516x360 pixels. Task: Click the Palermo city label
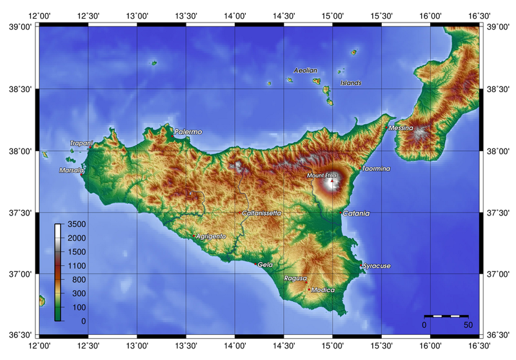pyautogui.click(x=188, y=132)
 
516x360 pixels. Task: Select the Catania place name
pyautogui.click(x=356, y=213)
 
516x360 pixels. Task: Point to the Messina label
pyautogui.click(x=401, y=128)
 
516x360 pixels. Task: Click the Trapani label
pyautogui.click(x=81, y=143)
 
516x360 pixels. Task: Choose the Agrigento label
pyautogui.click(x=210, y=236)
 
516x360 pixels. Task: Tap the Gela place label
pyautogui.click(x=266, y=265)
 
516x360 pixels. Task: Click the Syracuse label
pyautogui.click(x=377, y=266)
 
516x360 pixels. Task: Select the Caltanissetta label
pyautogui.click(x=262, y=213)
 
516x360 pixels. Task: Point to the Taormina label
pyautogui.click(x=376, y=168)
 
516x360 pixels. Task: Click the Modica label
pyautogui.click(x=322, y=290)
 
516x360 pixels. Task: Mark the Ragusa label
pyautogui.click(x=295, y=278)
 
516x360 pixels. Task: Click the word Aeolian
pyautogui.click(x=306, y=70)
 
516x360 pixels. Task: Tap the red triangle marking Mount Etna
pyautogui.click(x=332, y=181)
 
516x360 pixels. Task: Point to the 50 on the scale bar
pyautogui.click(x=468, y=325)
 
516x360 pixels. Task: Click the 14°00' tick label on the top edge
pyautogui.click(x=235, y=15)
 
